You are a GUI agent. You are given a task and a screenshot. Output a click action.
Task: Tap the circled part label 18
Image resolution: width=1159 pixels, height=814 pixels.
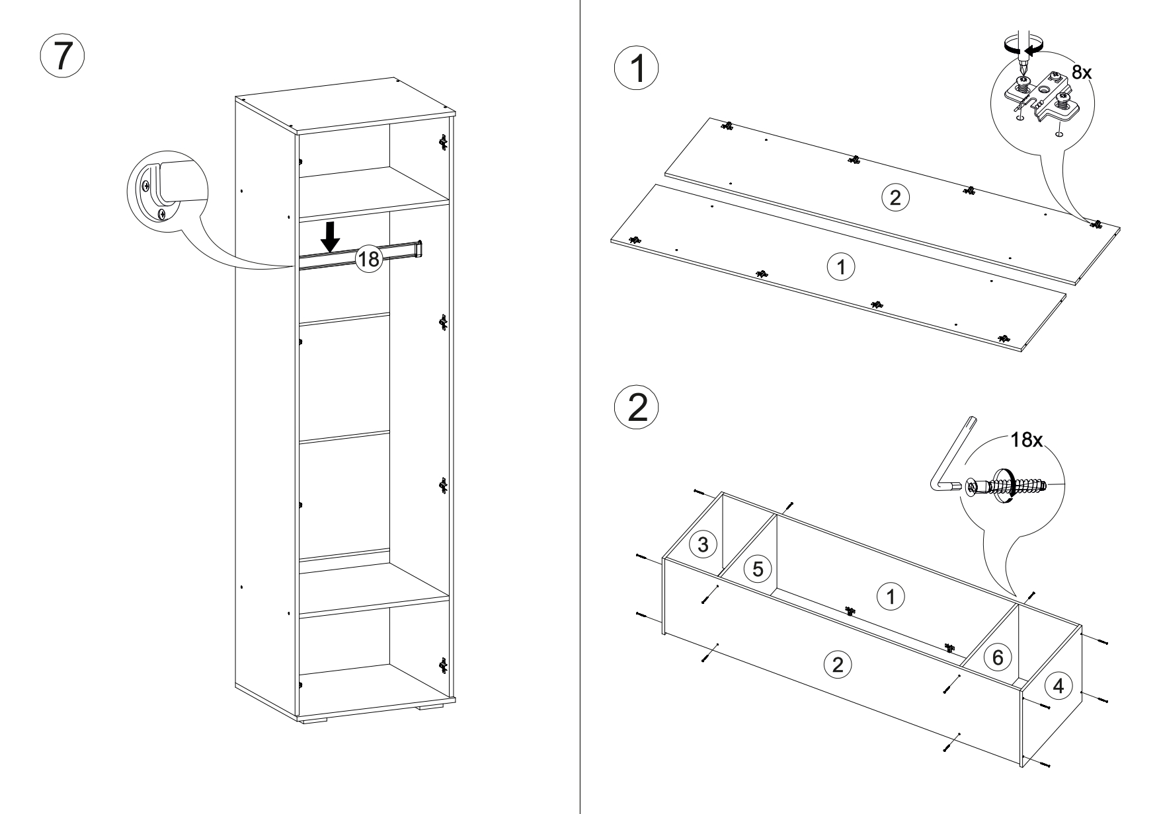point(368,258)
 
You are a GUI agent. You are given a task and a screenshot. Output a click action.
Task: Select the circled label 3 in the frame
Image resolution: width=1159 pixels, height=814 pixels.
point(703,545)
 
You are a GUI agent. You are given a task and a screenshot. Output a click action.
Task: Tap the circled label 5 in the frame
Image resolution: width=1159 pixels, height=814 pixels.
point(758,568)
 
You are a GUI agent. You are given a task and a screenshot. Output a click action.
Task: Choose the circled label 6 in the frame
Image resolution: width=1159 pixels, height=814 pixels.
point(998,657)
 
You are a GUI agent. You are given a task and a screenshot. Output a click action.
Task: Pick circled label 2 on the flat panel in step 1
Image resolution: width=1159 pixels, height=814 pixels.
point(895,198)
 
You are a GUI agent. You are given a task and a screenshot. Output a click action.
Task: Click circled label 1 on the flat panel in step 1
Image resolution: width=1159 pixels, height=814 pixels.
point(840,268)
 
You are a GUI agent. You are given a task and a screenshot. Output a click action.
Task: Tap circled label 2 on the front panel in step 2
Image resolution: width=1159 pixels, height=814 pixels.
point(838,664)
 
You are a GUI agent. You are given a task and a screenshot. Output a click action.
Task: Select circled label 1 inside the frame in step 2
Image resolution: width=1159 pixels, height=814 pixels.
point(890,597)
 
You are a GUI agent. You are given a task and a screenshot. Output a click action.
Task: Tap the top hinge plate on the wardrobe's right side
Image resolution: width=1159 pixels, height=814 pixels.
point(443,141)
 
